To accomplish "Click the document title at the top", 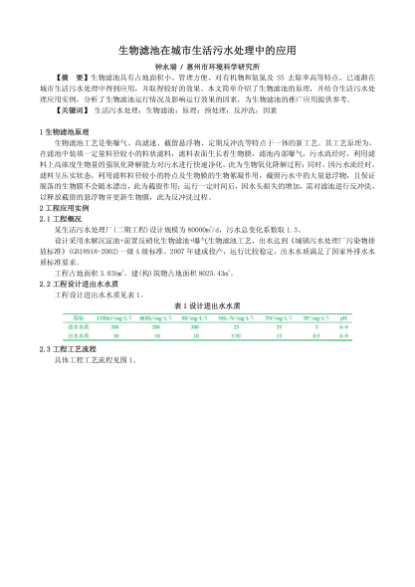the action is point(207,49).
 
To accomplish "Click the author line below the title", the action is point(207,64).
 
